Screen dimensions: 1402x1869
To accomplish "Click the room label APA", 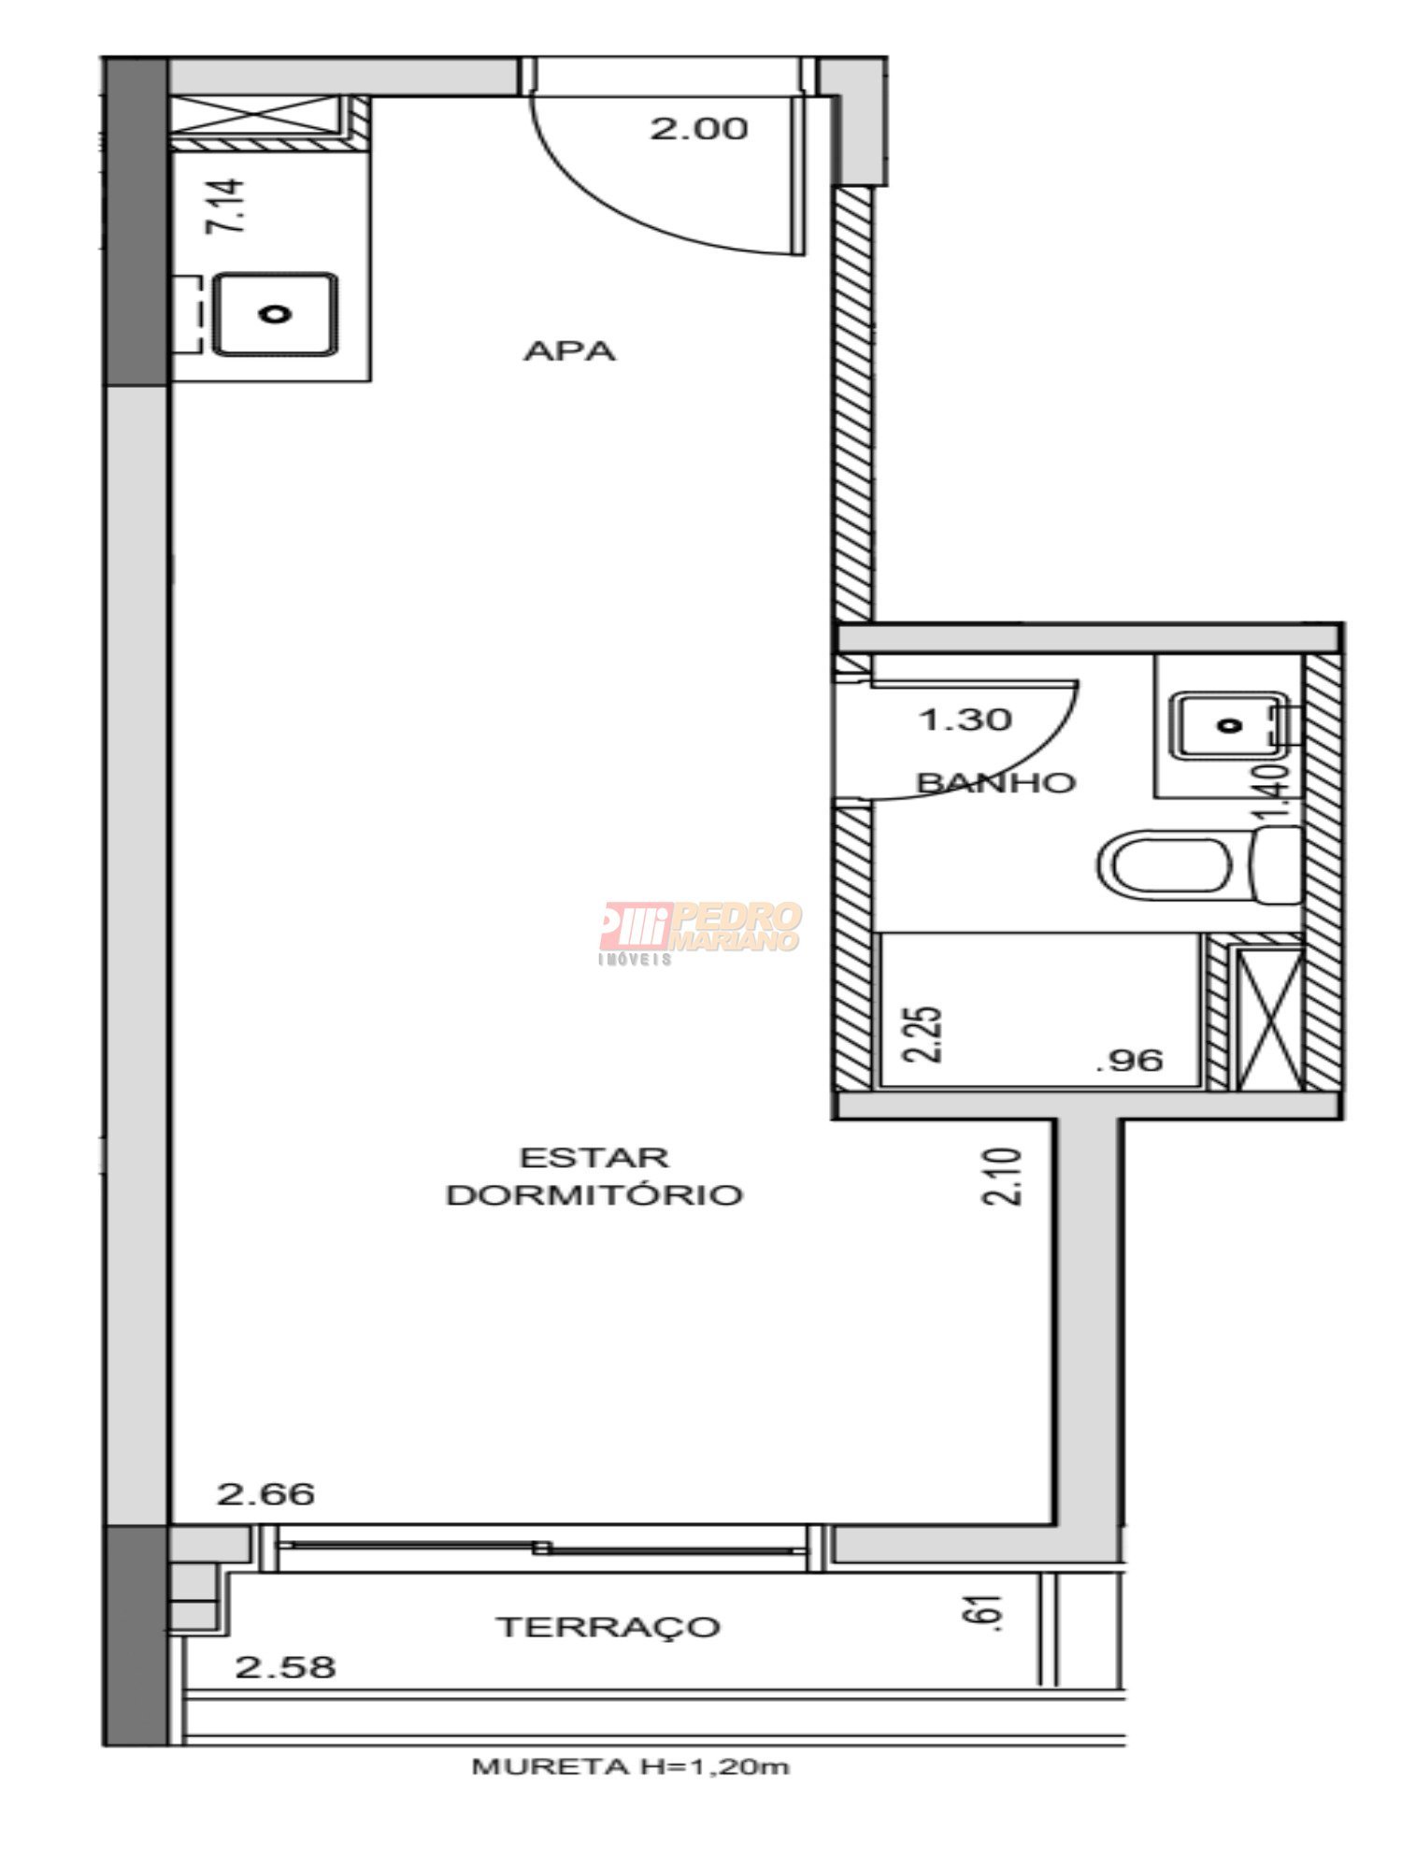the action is tap(569, 351).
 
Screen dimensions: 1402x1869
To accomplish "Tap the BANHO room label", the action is tap(996, 782).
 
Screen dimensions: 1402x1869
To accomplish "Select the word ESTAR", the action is tap(594, 1158).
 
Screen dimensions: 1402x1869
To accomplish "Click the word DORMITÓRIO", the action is tap(594, 1195).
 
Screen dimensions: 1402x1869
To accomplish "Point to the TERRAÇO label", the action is tap(608, 1627).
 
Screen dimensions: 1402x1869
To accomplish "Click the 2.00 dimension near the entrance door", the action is tap(699, 128).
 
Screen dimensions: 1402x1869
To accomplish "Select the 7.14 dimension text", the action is tap(227, 206).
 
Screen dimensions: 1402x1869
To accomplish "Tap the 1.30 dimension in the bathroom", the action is tap(966, 720).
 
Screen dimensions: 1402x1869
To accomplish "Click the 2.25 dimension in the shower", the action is tap(923, 1034).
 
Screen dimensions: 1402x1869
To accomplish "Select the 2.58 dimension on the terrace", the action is tap(285, 1666).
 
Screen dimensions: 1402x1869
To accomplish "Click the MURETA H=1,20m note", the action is tap(631, 1767).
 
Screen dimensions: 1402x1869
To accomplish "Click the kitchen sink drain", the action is tap(275, 314).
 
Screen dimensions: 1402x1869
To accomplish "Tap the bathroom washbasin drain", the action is tap(1231, 724).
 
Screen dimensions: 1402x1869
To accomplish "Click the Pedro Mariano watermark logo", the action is tap(701, 932).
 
